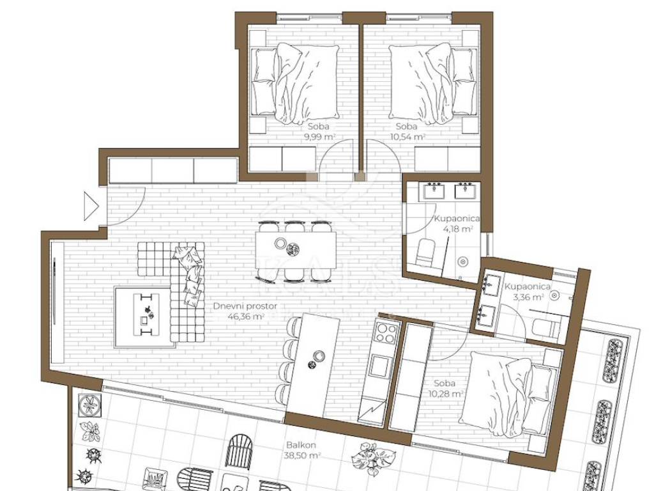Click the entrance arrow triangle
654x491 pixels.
coord(91,206)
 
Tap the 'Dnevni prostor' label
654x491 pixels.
coord(245,306)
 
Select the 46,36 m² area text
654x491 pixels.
coord(246,316)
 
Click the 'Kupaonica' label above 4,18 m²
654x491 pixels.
coord(457,219)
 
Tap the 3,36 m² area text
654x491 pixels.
coord(528,297)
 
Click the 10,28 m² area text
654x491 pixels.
coord(446,393)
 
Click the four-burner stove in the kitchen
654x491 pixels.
coord(385,332)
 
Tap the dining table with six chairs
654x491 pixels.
coord(296,251)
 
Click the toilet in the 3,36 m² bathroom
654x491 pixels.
coord(545,327)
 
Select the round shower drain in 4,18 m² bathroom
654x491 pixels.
coord(463,261)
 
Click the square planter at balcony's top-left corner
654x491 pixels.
coord(89,405)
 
